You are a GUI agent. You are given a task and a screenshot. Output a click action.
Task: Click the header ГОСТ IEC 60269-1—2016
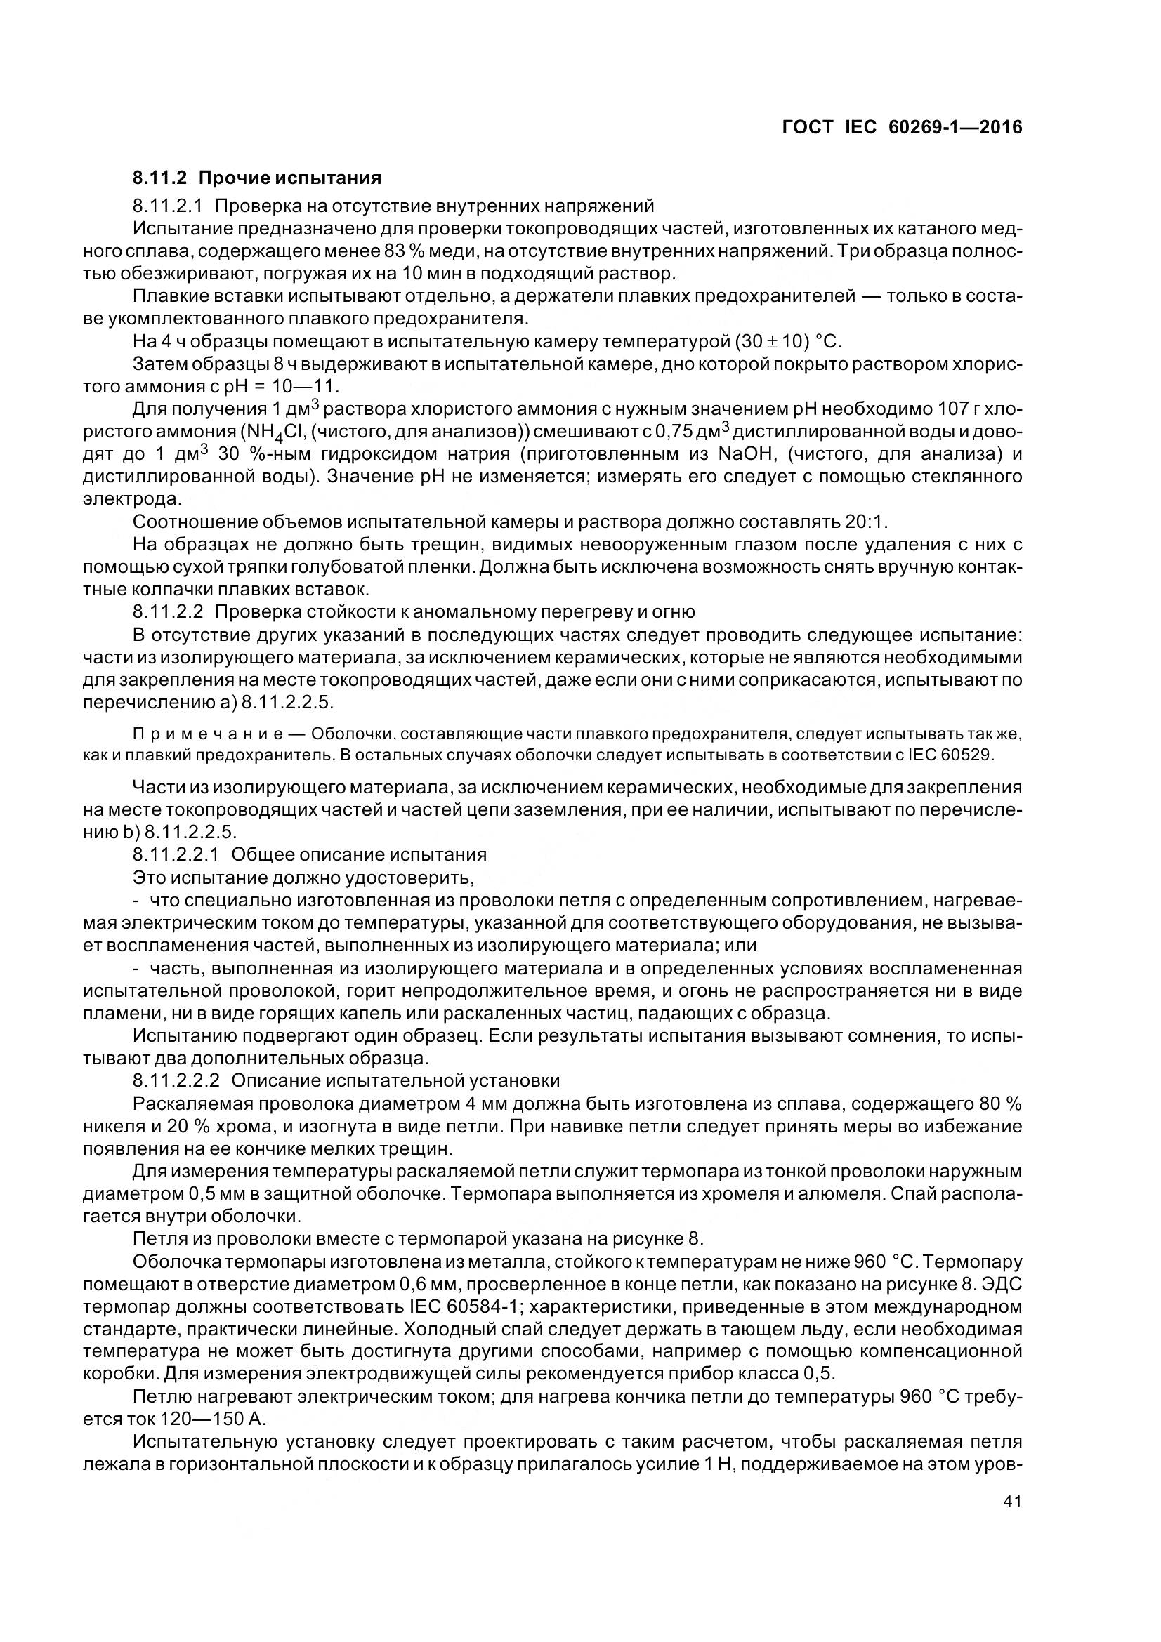point(901,127)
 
